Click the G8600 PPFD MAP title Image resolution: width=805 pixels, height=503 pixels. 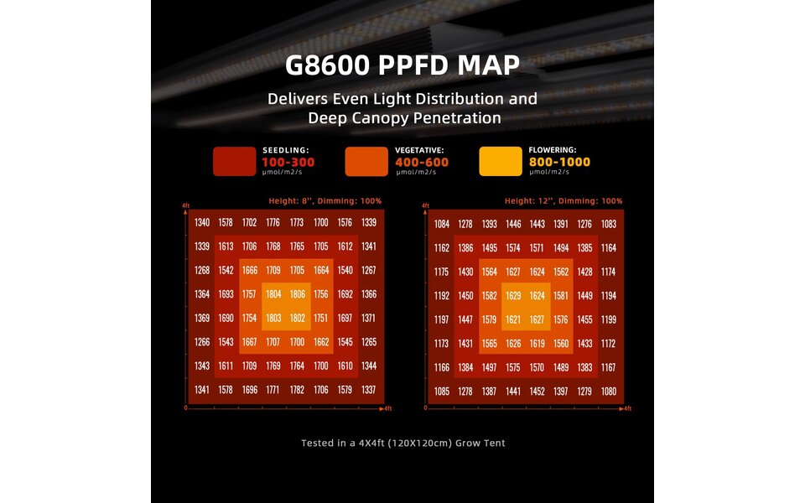(x=402, y=65)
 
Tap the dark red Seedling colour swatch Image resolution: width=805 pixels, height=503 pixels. (x=233, y=162)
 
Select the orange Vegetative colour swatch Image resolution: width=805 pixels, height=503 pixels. (x=366, y=162)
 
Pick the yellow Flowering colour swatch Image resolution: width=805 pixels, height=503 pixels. (x=500, y=162)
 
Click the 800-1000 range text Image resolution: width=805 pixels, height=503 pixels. (x=559, y=162)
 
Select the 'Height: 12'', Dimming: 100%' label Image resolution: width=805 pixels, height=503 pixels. (x=563, y=201)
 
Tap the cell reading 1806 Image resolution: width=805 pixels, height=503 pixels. (x=297, y=294)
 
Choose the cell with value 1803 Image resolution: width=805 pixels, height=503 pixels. (x=273, y=319)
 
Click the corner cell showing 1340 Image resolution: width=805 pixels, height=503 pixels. (x=202, y=222)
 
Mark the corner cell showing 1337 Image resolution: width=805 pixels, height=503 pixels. (x=369, y=391)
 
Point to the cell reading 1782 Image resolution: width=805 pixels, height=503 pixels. (x=297, y=391)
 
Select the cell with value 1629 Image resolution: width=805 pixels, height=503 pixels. (x=514, y=296)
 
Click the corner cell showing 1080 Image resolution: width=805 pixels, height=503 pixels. (x=609, y=392)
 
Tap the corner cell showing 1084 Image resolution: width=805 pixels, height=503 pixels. (x=443, y=224)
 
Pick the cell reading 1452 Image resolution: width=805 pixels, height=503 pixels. (x=538, y=392)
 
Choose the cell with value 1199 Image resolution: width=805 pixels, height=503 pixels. (x=609, y=319)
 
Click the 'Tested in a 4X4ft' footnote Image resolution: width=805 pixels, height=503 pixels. (x=402, y=443)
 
